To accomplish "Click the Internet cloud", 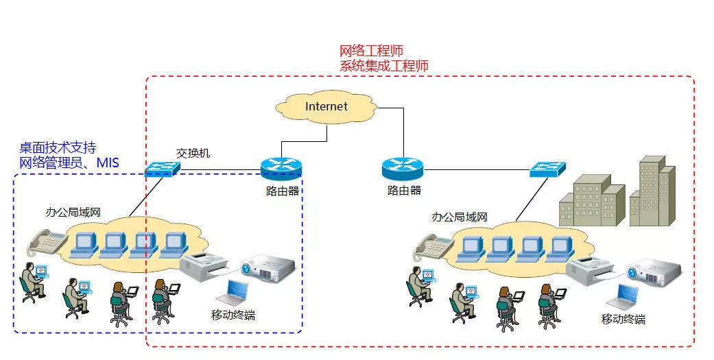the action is (x=326, y=106).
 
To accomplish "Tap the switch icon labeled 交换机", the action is (x=162, y=169).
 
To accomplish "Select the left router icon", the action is (x=282, y=169).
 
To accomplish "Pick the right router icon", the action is (x=403, y=168).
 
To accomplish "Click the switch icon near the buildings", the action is (x=548, y=169).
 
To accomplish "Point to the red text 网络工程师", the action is (x=372, y=51).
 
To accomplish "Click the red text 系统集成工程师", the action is (x=384, y=66).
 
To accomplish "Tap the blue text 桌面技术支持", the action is (x=58, y=148).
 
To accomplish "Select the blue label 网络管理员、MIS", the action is (x=69, y=163).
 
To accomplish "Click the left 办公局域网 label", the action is (x=73, y=212).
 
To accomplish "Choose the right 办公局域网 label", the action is (x=460, y=217).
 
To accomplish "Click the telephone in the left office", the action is (x=46, y=242).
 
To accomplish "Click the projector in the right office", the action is (x=654, y=272).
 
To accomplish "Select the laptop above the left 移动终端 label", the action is (x=233, y=292).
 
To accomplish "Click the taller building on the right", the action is (x=652, y=191).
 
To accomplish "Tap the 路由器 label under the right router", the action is (x=405, y=190).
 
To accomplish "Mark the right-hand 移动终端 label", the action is (x=623, y=319).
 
